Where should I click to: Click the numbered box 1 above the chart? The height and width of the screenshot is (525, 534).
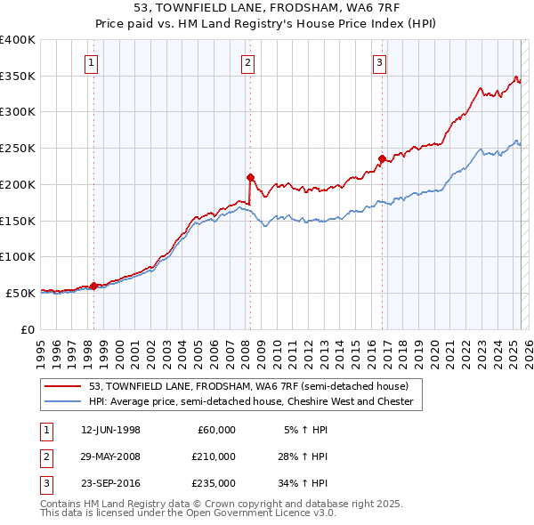93,62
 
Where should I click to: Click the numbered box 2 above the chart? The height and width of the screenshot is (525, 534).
247,62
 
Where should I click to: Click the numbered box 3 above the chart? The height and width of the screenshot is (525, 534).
380,62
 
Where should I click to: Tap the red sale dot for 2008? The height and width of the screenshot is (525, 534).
250,176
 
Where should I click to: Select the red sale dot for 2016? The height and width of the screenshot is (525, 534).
382,158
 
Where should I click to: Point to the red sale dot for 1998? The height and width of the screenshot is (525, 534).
93,286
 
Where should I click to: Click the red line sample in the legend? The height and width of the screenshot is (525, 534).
63,386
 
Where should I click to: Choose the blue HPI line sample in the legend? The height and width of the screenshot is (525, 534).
63,401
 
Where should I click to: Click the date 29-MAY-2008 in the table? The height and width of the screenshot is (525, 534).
110,456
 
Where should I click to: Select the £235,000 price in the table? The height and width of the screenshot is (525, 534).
214,483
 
